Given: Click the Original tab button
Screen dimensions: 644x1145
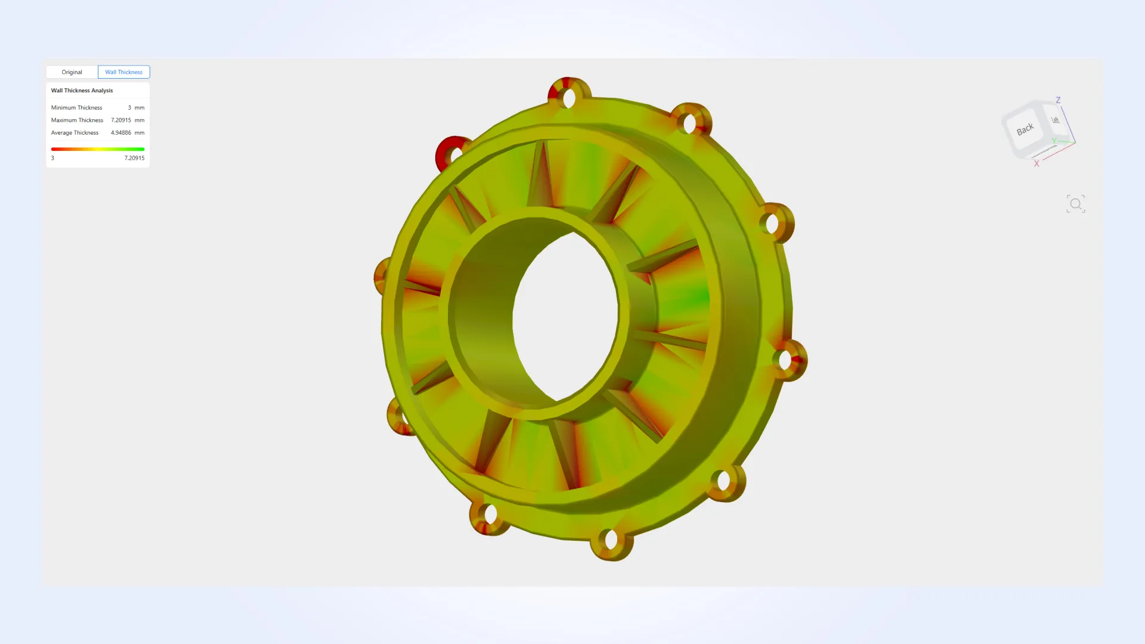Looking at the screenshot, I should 72,72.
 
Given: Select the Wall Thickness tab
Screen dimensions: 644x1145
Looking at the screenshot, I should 123,72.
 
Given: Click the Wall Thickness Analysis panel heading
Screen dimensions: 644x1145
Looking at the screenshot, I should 82,91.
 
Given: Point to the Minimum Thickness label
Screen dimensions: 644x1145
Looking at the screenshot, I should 76,108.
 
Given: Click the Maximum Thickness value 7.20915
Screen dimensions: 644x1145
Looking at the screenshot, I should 120,120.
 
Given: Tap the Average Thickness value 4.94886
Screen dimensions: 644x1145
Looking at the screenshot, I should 120,133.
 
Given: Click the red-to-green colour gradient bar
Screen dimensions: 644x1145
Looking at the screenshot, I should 98,149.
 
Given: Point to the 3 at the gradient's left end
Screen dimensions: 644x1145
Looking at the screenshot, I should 52,158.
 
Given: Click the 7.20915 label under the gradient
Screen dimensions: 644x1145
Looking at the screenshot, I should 134,158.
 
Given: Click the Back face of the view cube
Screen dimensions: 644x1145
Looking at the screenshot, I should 1025,129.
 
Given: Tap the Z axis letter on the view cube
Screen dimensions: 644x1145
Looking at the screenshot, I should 1058,100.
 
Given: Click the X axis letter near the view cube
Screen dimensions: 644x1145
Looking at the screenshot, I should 1036,164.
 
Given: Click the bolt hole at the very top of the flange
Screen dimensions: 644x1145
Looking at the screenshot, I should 569,98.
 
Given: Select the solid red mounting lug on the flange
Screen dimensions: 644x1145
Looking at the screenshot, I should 447,152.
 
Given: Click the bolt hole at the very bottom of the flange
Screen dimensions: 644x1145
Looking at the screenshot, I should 611,540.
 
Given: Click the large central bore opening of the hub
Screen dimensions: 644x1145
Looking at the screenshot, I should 565,316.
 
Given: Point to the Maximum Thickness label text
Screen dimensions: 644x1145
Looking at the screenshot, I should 77,120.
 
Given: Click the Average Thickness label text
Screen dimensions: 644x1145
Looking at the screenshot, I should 75,133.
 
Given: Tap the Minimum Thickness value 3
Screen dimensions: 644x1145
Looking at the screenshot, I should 129,108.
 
